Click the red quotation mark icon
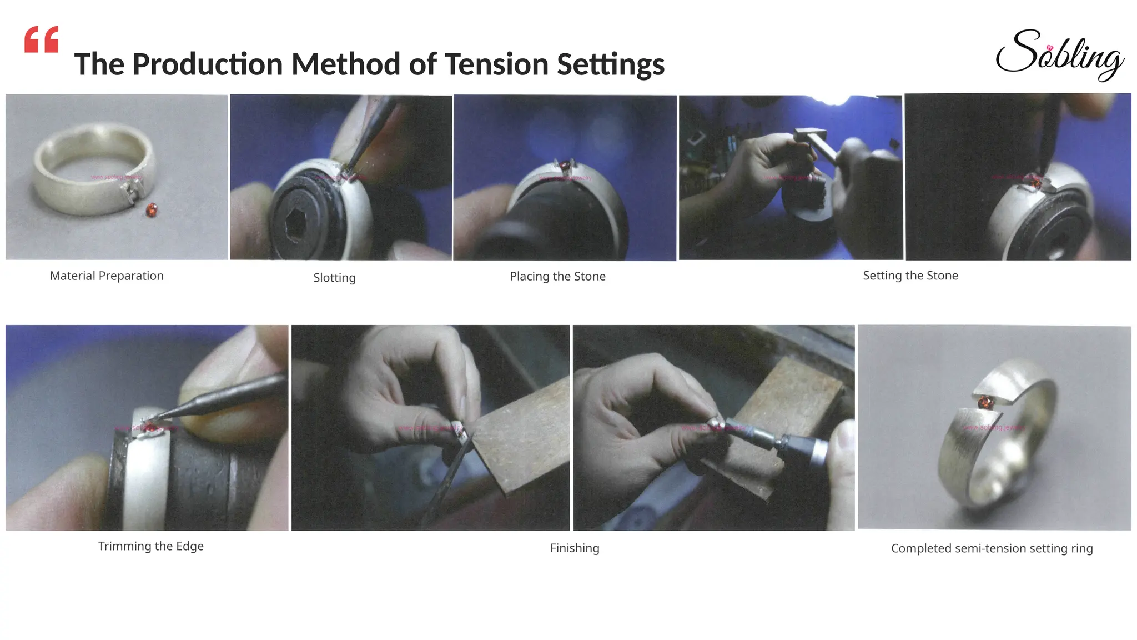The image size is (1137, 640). click(x=42, y=39)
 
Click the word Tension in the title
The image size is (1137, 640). click(x=497, y=64)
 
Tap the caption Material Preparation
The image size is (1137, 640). click(x=107, y=276)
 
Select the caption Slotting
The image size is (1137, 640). click(x=334, y=277)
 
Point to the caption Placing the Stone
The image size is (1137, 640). click(x=557, y=276)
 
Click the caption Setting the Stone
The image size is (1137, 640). click(x=910, y=276)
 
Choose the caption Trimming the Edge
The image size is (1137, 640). click(x=150, y=546)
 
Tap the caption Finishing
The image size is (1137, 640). click(x=575, y=548)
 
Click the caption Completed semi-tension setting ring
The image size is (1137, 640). click(x=992, y=548)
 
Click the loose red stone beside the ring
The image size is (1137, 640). click(x=151, y=210)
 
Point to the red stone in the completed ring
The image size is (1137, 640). click(x=985, y=402)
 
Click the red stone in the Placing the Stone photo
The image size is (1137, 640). click(x=565, y=165)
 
